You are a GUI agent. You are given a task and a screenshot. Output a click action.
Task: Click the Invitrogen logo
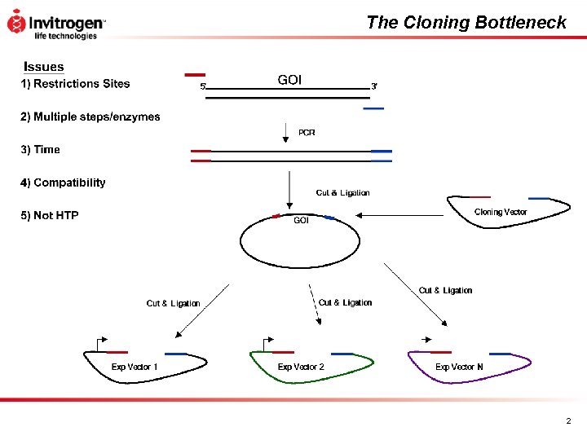pyautogui.click(x=55, y=24)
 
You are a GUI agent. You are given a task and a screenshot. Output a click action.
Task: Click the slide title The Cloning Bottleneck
pyautogui.click(x=466, y=23)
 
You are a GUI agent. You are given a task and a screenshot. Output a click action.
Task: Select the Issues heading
pyautogui.click(x=44, y=67)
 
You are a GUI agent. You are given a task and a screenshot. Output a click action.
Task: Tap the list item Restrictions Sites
pyautogui.click(x=75, y=83)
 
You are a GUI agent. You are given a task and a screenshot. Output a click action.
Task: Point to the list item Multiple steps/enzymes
pyautogui.click(x=90, y=117)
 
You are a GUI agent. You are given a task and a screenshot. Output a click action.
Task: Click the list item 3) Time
pyautogui.click(x=40, y=149)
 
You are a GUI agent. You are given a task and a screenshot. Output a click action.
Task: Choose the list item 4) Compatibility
pyautogui.click(x=63, y=183)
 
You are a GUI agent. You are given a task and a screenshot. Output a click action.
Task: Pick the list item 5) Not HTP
pyautogui.click(x=50, y=215)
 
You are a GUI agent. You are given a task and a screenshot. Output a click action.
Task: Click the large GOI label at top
pyautogui.click(x=289, y=79)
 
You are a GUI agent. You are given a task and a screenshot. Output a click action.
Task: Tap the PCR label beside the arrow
pyautogui.click(x=307, y=132)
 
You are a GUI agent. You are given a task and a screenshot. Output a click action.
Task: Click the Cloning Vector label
pyautogui.click(x=501, y=212)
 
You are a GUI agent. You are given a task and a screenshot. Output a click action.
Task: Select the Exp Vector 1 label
pyautogui.click(x=135, y=367)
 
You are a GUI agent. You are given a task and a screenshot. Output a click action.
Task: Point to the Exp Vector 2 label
pyautogui.click(x=301, y=367)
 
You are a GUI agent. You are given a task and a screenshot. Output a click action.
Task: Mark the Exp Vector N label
pyautogui.click(x=459, y=367)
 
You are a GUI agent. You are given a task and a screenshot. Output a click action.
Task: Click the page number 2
pyautogui.click(x=568, y=421)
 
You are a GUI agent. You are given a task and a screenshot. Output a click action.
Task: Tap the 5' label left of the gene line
pyautogui.click(x=203, y=86)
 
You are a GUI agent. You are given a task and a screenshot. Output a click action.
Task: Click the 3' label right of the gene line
pyautogui.click(x=374, y=86)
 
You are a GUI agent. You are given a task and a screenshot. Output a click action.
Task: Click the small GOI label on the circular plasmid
pyautogui.click(x=301, y=220)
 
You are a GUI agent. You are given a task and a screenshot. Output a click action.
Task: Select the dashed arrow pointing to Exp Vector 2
pyautogui.click(x=314, y=305)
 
